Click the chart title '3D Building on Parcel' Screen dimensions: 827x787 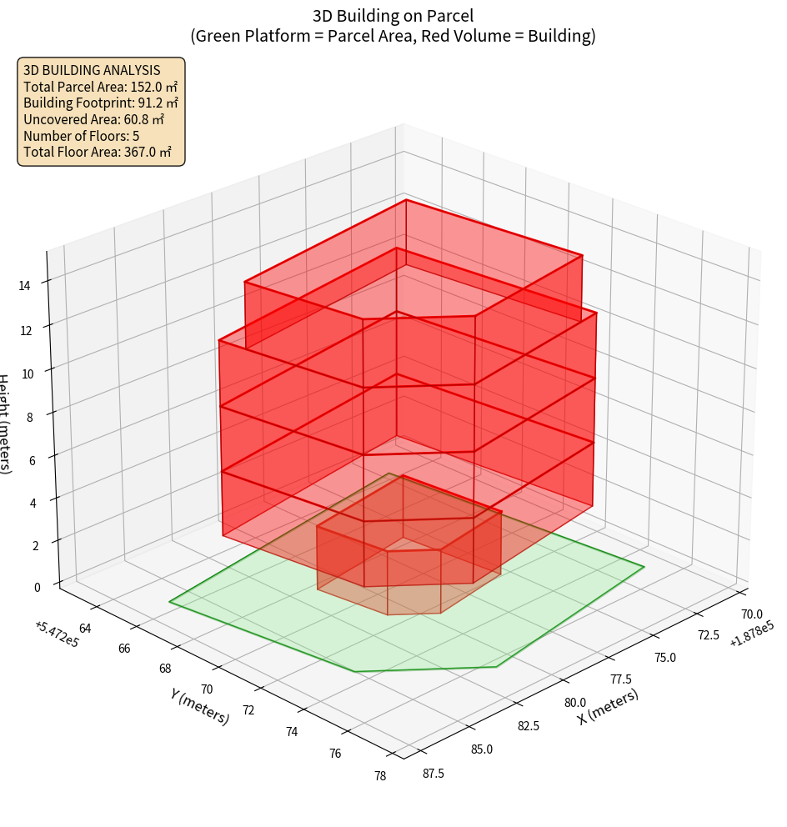[x=393, y=15]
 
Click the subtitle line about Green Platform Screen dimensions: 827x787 [x=393, y=36]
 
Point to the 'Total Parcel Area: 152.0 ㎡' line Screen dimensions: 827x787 [x=100, y=87]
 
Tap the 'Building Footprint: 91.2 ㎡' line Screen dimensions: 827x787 [x=100, y=103]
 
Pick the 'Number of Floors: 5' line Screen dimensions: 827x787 [x=81, y=136]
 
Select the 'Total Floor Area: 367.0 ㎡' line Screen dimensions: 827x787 [x=97, y=152]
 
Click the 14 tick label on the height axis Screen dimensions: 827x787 [x=24, y=286]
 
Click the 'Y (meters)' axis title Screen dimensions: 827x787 [x=200, y=705]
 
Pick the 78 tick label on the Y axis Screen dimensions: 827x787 [x=380, y=776]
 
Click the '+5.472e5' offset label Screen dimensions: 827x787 [x=57, y=633]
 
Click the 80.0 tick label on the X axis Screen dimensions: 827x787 [x=575, y=703]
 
